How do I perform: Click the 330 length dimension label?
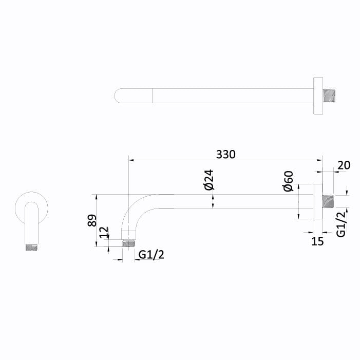[225, 154]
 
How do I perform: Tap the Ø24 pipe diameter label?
[209, 179]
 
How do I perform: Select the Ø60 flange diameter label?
[288, 181]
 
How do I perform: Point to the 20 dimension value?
[344, 165]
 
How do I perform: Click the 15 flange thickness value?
[318, 241]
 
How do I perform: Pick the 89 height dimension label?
[92, 221]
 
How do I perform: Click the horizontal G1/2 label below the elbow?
[151, 255]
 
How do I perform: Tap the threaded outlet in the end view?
[32, 247]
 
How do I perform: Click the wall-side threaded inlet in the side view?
[329, 201]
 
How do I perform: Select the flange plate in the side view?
[317, 201]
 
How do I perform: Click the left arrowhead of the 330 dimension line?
[130, 160]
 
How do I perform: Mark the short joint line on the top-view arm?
[154, 96]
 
